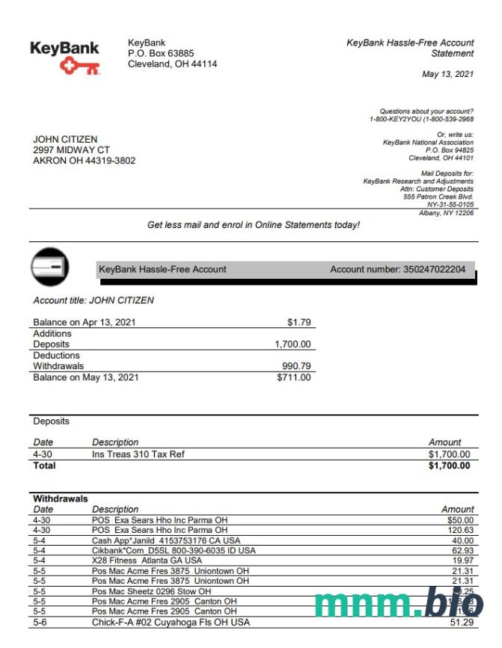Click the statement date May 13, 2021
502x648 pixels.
(447, 74)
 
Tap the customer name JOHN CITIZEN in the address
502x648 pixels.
(65, 139)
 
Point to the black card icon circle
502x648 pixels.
(50, 266)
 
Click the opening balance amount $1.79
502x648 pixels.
(299, 322)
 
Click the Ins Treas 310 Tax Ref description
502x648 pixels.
(138, 454)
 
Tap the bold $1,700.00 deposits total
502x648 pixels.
(449, 466)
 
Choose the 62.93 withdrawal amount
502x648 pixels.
(461, 551)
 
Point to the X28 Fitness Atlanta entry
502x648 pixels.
(147, 561)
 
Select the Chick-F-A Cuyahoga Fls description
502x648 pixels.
(171, 622)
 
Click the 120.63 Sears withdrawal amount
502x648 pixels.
(459, 530)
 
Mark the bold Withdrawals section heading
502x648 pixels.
(61, 499)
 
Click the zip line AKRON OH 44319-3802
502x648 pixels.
(84, 161)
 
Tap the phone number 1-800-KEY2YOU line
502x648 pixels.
(421, 120)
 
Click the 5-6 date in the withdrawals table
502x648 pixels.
(40, 622)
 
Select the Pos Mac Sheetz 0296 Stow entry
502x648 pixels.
(151, 591)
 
